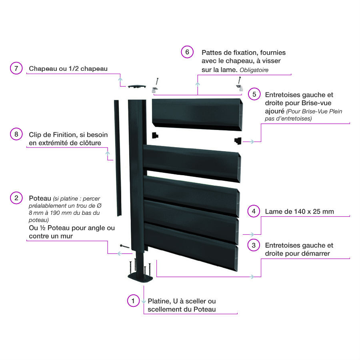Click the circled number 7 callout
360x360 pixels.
(x=16, y=68)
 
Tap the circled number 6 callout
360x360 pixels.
(x=187, y=52)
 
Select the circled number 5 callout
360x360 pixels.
(x=254, y=94)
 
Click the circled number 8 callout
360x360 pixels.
(x=16, y=134)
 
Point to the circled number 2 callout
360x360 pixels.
(x=16, y=198)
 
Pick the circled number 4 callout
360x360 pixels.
(x=254, y=211)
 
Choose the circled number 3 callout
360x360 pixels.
(x=254, y=245)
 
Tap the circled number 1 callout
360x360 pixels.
(x=133, y=300)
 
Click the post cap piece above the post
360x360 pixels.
(x=137, y=86)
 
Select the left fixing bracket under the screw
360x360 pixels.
(x=155, y=90)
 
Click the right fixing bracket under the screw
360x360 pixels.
(x=240, y=88)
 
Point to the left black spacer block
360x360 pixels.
(x=155, y=135)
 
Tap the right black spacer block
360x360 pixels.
(x=238, y=140)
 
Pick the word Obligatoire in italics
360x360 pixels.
(x=254, y=70)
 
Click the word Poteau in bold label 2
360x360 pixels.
(x=40, y=198)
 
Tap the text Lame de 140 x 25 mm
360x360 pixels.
(x=299, y=212)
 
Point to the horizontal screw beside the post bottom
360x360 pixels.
(x=125, y=246)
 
